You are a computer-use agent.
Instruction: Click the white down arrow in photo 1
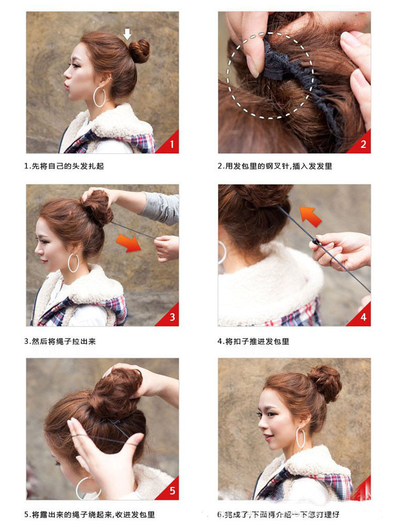coord(127,34)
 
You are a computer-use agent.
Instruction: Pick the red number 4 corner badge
coord(362,317)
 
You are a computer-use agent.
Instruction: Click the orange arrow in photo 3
coord(129,243)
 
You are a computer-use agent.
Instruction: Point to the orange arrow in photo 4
coord(310,215)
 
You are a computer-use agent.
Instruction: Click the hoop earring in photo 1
coord(99,97)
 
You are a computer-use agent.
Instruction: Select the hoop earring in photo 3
coord(73,262)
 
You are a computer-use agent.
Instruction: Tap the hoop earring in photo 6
coord(300,438)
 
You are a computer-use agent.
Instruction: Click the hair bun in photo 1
coord(139,51)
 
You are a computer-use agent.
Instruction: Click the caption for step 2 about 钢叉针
coord(275,166)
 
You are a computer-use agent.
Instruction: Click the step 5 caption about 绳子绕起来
coord(89,515)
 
